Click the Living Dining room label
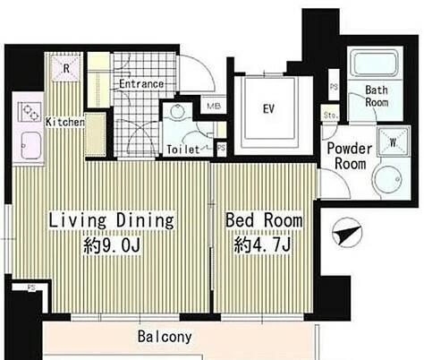(111, 220)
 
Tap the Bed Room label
(264, 220)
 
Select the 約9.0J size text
(112, 245)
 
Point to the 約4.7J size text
(262, 244)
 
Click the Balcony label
(165, 337)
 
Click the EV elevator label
(268, 109)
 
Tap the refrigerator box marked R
(66, 68)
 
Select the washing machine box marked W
(393, 142)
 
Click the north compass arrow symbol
(347, 233)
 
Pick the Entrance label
(141, 84)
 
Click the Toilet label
(183, 149)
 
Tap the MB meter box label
(214, 106)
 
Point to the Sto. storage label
(331, 115)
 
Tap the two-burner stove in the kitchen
(30, 112)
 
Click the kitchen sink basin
(31, 146)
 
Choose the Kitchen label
(65, 122)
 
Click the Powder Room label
(350, 156)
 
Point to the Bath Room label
(377, 96)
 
